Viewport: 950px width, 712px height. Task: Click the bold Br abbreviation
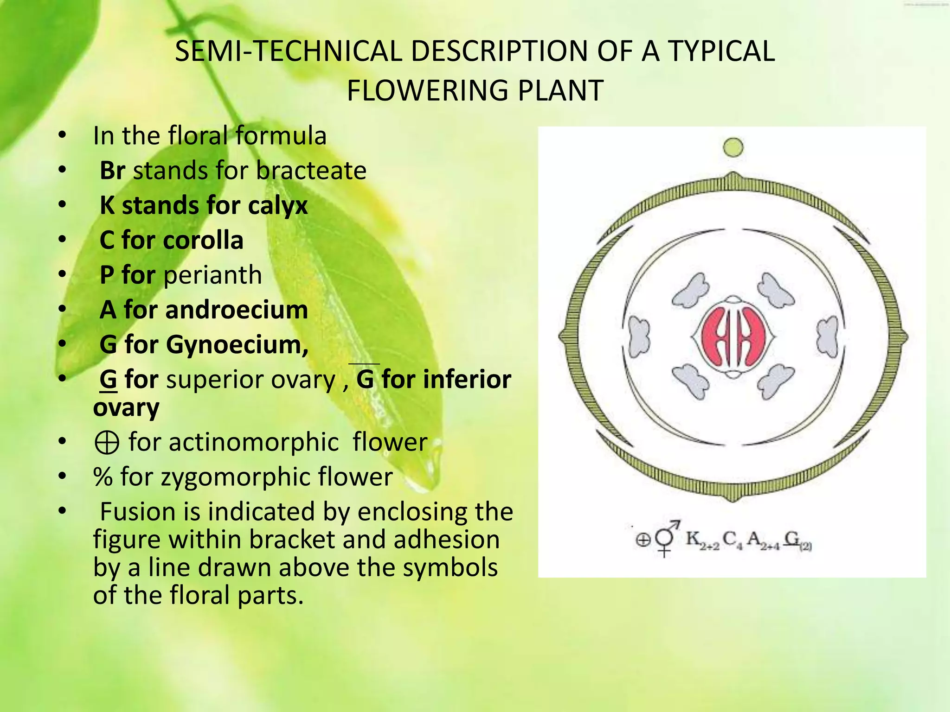tap(112, 171)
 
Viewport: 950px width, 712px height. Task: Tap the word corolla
tap(203, 240)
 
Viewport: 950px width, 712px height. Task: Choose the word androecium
tap(236, 310)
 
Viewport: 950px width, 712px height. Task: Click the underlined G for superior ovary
tap(108, 380)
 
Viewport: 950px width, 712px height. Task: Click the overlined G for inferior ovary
tap(365, 379)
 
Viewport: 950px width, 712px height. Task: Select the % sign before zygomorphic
tap(103, 477)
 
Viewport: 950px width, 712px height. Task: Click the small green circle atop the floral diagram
tap(733, 148)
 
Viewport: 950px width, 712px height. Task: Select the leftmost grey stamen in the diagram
tap(639, 336)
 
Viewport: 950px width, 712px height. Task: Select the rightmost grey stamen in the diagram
tap(827, 336)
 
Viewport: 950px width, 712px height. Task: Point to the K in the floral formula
tap(693, 539)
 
